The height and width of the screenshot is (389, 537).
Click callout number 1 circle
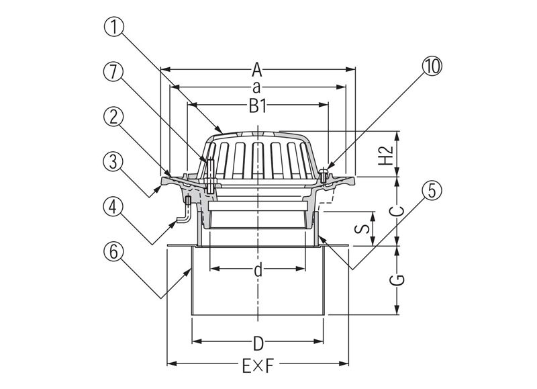pyautogui.click(x=113, y=27)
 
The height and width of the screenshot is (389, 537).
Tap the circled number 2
pyautogui.click(x=113, y=117)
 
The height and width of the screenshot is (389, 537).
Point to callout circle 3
pyautogui.click(x=113, y=161)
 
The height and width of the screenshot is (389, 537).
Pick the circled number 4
pyautogui.click(x=113, y=208)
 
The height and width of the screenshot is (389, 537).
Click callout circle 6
pyautogui.click(x=113, y=251)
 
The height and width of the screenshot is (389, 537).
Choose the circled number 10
pyautogui.click(x=432, y=66)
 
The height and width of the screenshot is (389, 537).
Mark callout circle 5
pyautogui.click(x=432, y=191)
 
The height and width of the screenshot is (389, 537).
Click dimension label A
pyautogui.click(x=257, y=71)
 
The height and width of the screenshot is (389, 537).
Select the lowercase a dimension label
pyautogui.click(x=256, y=88)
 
